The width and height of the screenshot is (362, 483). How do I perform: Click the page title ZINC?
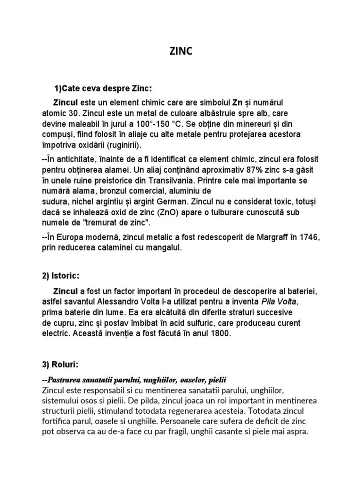tap(181, 51)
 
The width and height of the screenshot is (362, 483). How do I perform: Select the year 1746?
tap(308, 236)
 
